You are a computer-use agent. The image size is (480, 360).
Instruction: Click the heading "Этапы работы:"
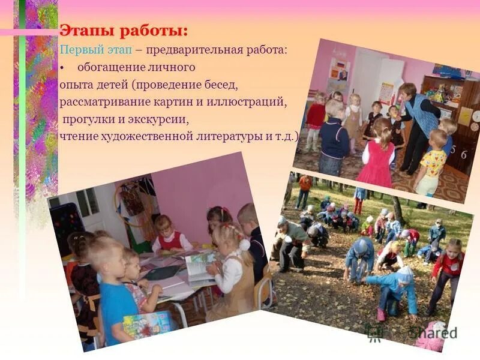click(123, 30)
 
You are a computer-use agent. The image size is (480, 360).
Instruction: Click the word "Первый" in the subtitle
click(76, 49)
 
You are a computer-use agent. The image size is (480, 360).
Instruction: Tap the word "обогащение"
click(108, 67)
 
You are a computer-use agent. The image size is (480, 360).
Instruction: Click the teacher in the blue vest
click(419, 120)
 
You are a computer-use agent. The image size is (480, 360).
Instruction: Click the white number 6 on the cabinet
click(464, 154)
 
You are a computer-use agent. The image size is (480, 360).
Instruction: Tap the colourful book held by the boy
click(146, 325)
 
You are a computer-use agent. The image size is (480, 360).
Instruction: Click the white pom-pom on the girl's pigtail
click(244, 244)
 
